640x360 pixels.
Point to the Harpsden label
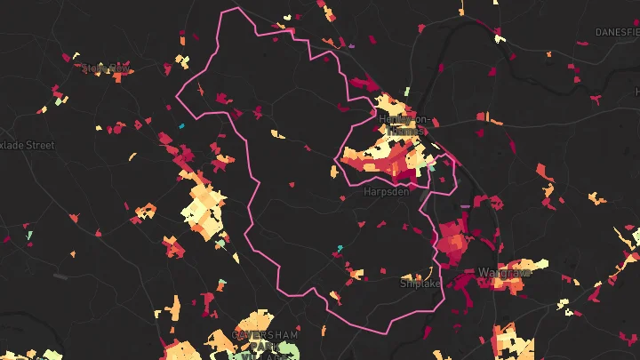coord(386,190)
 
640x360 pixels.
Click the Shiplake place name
coord(419,284)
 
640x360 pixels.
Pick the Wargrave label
coord(504,272)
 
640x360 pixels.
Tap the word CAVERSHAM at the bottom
coord(265,334)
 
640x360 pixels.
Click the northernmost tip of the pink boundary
coord(236,9)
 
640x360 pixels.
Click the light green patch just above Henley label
coord(406,92)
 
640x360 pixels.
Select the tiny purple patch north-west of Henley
coord(353,44)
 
